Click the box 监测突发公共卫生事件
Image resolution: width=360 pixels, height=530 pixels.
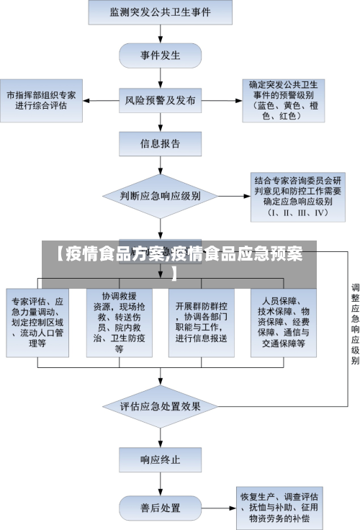point(161,12)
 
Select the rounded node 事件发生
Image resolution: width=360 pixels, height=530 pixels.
point(160,55)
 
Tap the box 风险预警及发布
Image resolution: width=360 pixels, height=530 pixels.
point(160,101)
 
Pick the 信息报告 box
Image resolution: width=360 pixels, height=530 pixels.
point(160,143)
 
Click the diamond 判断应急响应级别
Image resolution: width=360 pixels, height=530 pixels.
point(160,195)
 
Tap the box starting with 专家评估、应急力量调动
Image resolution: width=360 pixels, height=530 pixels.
point(37,323)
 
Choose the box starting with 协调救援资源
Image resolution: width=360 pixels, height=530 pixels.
point(120,323)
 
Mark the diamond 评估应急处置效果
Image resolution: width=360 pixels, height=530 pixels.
point(160,406)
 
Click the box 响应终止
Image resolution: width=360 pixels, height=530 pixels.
point(160,458)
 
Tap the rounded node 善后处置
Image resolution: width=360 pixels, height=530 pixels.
point(160,508)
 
